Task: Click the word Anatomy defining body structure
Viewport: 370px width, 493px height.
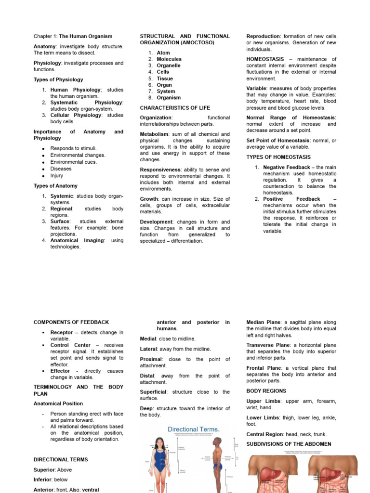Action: pos(44,46)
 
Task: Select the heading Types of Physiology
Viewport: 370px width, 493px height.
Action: pos(58,79)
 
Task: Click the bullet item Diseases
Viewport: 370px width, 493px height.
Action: pos(61,169)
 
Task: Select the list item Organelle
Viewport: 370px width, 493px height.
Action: pos(169,65)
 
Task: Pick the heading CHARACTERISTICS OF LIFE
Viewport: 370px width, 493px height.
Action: pos(175,108)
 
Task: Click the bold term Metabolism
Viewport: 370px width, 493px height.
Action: pos(154,134)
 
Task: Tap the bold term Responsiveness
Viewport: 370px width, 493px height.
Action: pos(160,169)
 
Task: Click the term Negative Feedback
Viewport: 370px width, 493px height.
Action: pos(286,167)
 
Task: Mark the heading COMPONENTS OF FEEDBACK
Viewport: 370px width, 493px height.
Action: pos(71,322)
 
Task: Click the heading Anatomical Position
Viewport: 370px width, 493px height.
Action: pos(58,403)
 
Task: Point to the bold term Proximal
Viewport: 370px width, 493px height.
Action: pos(151,359)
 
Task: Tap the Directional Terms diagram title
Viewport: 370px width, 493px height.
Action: pos(193,428)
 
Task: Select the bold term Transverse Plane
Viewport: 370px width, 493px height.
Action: pos(268,345)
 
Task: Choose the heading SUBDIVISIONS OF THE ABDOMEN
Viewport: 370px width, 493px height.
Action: pos(289,444)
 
